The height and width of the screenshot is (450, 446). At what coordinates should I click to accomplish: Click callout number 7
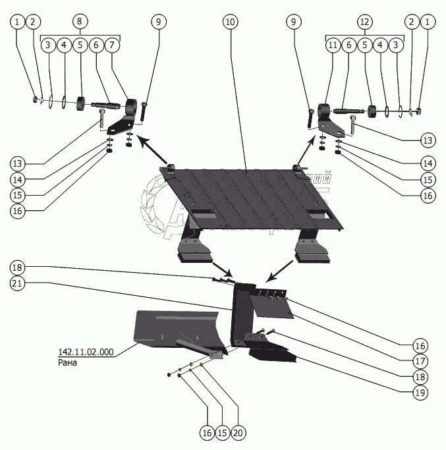(111, 45)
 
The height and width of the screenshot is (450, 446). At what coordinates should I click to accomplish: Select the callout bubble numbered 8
(79, 22)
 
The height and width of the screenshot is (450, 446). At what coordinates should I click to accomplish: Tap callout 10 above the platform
(230, 22)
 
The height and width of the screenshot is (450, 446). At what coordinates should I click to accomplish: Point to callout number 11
(333, 45)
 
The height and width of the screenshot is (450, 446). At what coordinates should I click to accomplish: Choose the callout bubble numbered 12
(364, 22)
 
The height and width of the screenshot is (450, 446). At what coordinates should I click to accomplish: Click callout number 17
(420, 361)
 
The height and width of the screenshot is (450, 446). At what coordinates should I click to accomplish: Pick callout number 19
(420, 393)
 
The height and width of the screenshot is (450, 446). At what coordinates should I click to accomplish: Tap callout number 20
(238, 433)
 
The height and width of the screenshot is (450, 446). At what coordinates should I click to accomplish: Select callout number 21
(18, 283)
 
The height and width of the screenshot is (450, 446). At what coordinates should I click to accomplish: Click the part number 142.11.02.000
(86, 352)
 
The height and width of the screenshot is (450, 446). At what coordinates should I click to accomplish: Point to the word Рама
(67, 362)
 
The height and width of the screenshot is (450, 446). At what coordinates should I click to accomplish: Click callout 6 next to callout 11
(348, 45)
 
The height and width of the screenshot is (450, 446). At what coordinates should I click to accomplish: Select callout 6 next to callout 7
(96, 45)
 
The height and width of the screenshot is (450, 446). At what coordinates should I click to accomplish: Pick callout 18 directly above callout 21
(18, 267)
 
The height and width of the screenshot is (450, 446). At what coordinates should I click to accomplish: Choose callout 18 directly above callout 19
(420, 377)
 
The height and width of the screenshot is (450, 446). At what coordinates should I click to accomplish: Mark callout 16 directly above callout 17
(420, 345)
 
